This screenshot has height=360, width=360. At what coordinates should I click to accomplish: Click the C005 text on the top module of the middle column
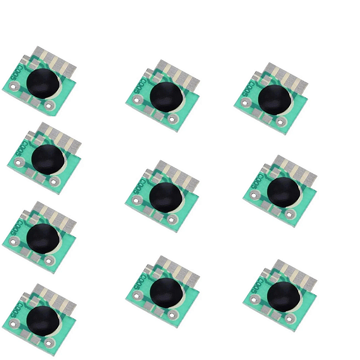(137, 91)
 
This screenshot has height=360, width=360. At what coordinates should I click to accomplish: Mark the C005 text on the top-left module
(14, 76)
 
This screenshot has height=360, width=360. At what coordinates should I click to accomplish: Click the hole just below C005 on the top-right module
(244, 103)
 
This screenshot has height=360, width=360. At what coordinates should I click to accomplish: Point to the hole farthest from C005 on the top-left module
(50, 107)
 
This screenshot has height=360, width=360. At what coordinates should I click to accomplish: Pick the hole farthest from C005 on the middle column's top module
(173, 119)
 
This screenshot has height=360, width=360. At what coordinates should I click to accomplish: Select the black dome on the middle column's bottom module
(165, 292)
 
